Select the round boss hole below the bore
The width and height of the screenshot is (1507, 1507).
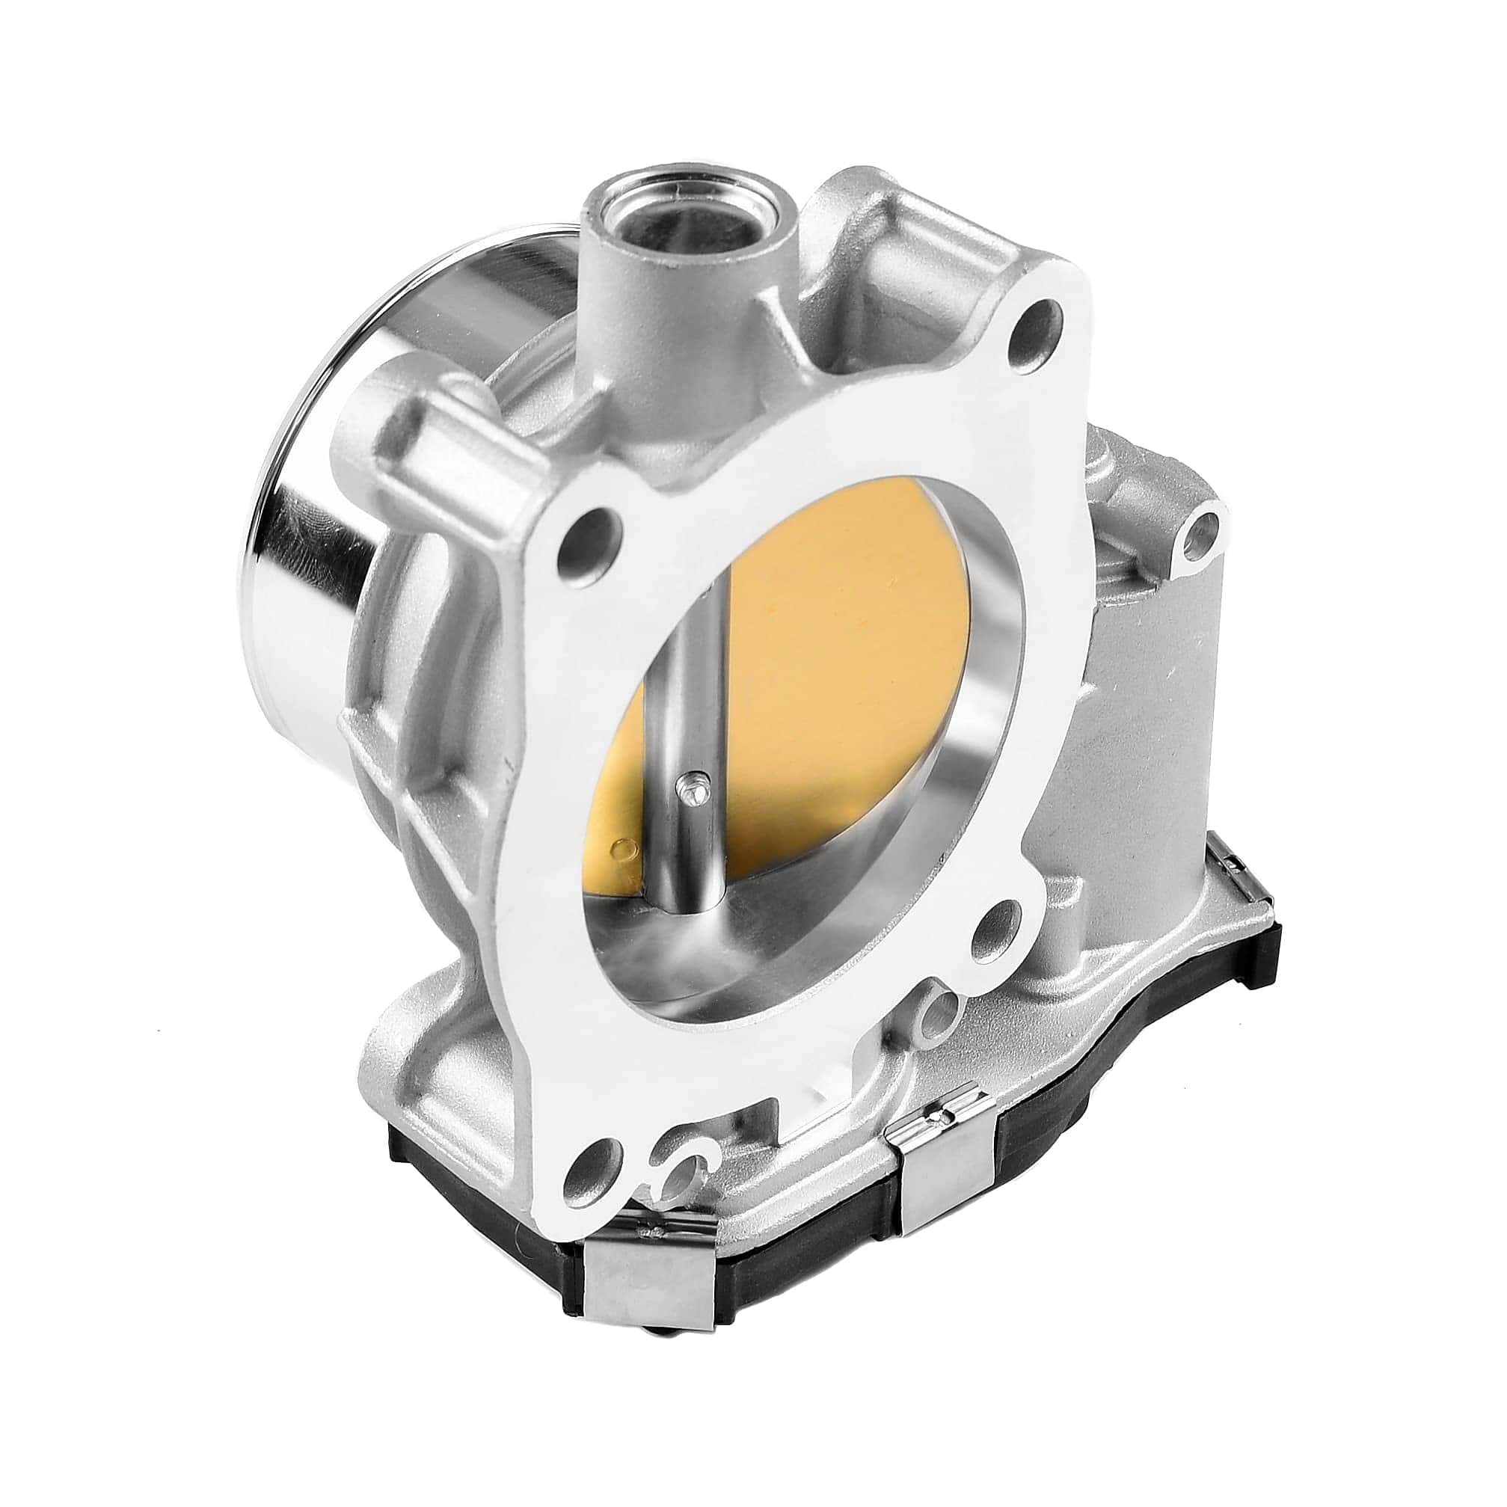(x=942, y=1015)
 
